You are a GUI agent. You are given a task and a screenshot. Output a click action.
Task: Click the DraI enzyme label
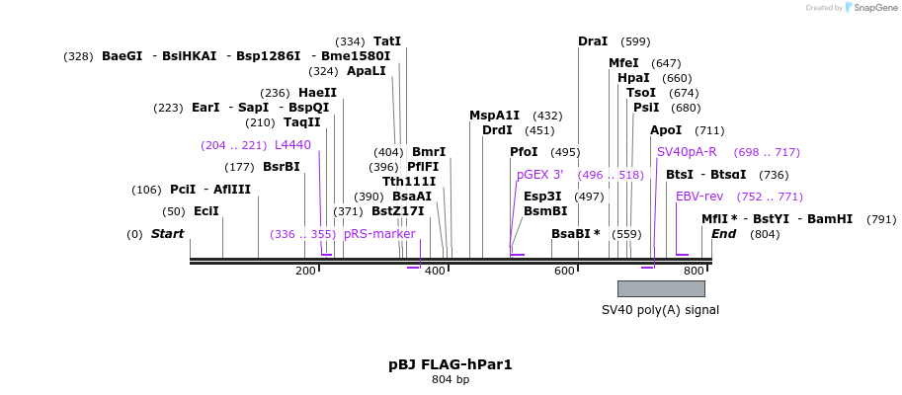(x=593, y=41)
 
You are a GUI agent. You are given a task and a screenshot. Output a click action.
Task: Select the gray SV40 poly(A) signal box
(x=661, y=288)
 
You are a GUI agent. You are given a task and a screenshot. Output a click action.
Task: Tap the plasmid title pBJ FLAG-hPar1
(x=451, y=364)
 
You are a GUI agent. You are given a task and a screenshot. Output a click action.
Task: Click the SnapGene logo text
(x=875, y=8)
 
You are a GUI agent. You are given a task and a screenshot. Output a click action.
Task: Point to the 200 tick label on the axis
(x=305, y=271)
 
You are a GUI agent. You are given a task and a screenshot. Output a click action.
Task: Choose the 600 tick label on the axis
(x=564, y=271)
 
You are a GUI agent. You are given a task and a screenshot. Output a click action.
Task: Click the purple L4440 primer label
(x=292, y=145)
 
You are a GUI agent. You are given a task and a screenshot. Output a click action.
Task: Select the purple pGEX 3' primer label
(x=539, y=175)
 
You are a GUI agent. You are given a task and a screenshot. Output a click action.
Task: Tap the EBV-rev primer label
(x=699, y=197)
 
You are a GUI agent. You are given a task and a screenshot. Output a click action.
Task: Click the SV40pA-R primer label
(x=687, y=152)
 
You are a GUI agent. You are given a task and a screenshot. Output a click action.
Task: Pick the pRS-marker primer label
(x=379, y=234)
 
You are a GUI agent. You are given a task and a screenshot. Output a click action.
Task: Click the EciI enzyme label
(x=205, y=211)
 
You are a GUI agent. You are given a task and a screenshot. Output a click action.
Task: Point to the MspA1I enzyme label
(x=494, y=116)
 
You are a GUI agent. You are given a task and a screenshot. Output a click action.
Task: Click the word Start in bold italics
(x=167, y=234)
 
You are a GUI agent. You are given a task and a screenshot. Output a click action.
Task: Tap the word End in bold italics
(x=724, y=234)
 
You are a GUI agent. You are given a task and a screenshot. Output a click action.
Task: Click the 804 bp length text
(x=451, y=379)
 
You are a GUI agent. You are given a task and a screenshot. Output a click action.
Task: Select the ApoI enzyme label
(x=666, y=130)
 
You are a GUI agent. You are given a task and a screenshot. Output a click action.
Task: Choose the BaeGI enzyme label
(x=123, y=56)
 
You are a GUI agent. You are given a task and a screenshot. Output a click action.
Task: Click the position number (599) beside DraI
(x=635, y=41)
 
